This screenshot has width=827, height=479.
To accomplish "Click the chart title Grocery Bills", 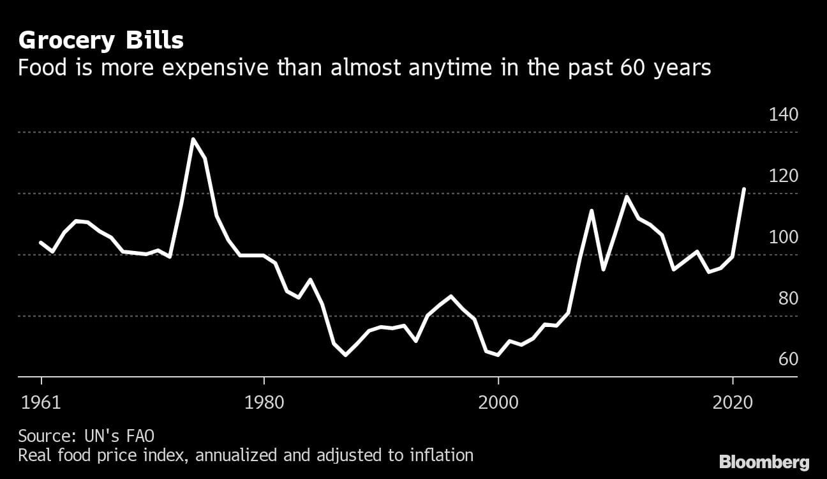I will (101, 41).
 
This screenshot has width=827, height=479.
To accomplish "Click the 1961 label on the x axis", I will (41, 404).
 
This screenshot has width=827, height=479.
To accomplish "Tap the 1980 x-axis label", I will (264, 404).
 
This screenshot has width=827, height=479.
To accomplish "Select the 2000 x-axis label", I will (498, 404).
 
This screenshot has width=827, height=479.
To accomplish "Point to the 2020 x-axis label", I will (733, 404).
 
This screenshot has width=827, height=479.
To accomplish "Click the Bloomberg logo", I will (764, 462).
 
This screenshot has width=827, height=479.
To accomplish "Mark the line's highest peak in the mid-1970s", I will (193, 139).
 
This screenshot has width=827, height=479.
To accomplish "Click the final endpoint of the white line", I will (744, 189).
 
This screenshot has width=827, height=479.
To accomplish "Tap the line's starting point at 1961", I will (41, 242).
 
